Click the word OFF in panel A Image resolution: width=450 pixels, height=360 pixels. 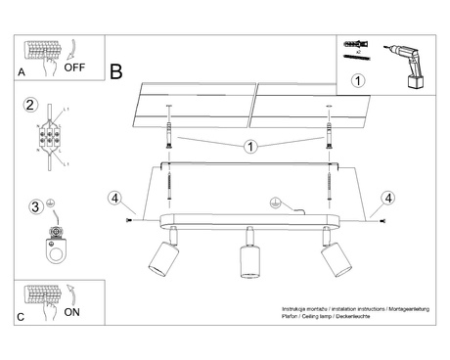pos(76,67)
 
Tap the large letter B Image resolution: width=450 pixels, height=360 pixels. pos(116,71)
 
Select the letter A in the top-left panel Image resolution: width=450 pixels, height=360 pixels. pos(22,72)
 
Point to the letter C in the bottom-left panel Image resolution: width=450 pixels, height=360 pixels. pos(22,318)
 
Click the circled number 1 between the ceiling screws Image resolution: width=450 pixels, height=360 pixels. pos(250,148)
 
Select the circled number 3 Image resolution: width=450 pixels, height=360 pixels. pos(35,206)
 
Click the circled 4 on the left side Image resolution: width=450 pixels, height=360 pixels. pos(114,199)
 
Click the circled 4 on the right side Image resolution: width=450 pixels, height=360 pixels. pos(388,199)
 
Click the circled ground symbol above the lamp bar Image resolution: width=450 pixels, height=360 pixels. pos(276,203)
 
